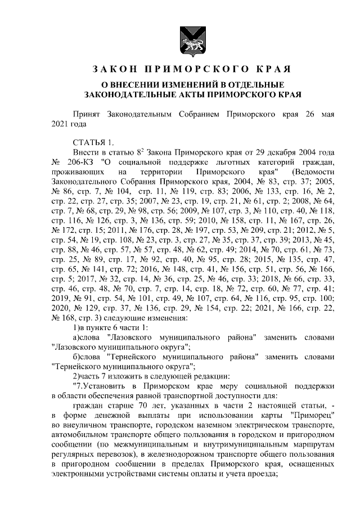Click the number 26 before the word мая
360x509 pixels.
coord(308,114)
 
